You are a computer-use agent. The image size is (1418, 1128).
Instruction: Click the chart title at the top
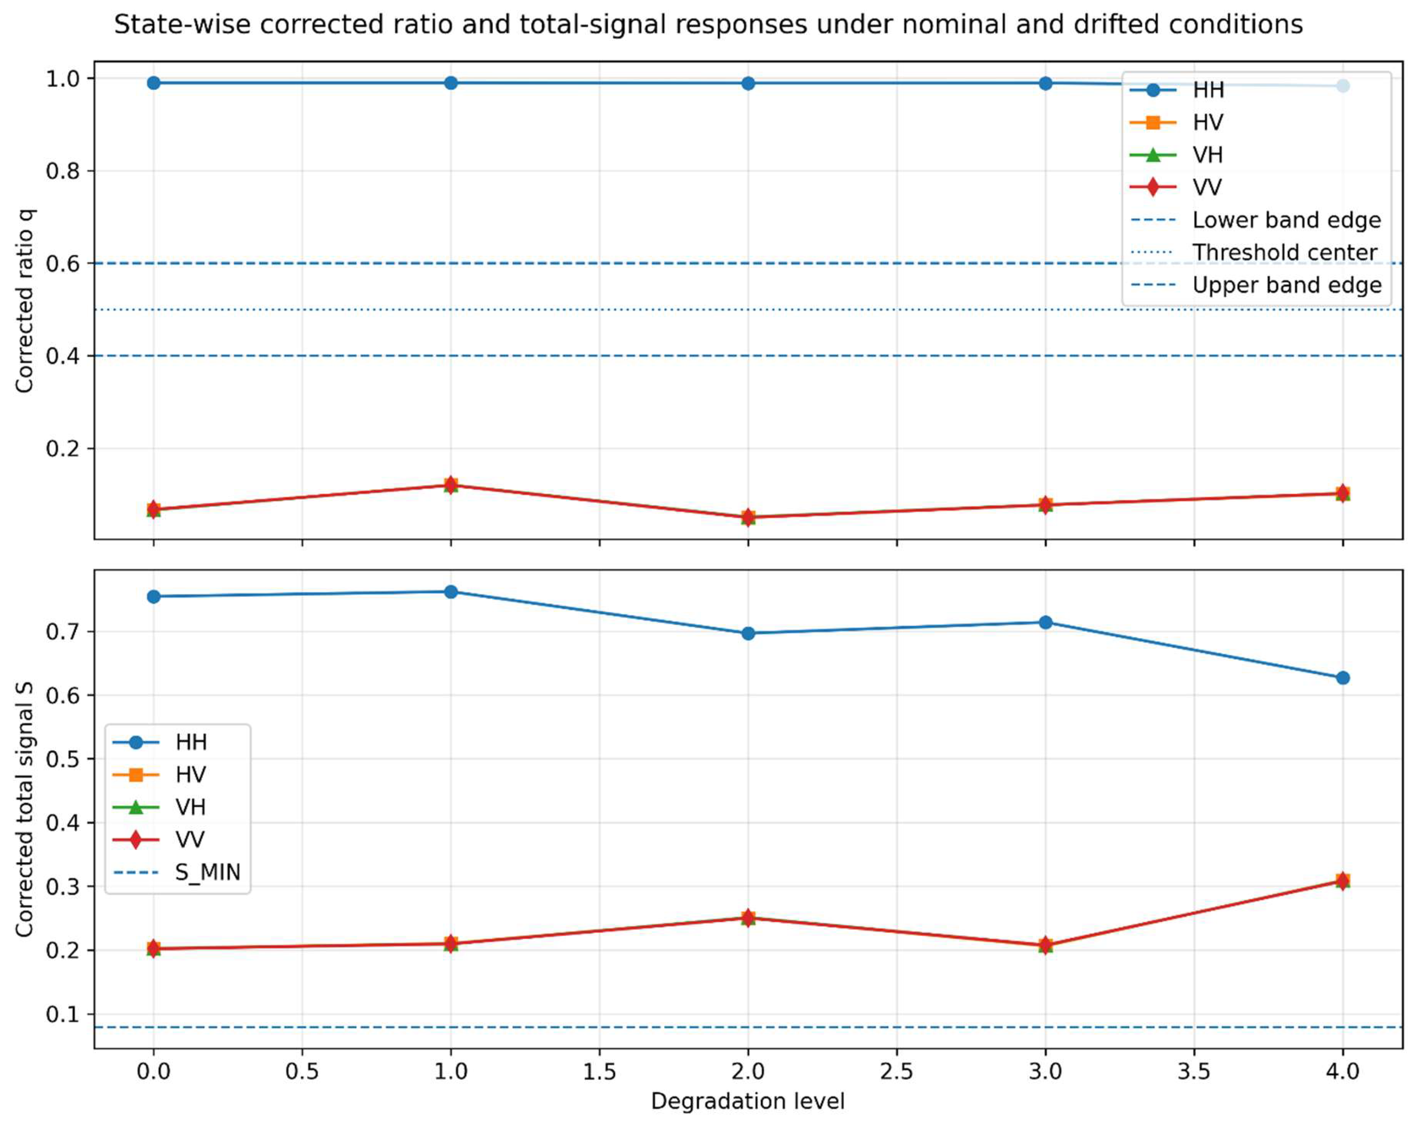pyautogui.click(x=708, y=25)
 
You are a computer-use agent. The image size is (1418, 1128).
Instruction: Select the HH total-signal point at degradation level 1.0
pyautogui.click(x=450, y=592)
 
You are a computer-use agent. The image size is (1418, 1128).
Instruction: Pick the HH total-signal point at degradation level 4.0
pyautogui.click(x=1342, y=678)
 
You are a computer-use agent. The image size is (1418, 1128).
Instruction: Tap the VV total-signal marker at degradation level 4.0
pyautogui.click(x=1342, y=880)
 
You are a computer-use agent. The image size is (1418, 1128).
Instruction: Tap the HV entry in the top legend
pyautogui.click(x=1208, y=123)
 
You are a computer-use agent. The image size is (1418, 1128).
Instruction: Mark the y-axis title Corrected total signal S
pyautogui.click(x=25, y=809)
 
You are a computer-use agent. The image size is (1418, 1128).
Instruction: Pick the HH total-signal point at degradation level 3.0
pyautogui.click(x=1045, y=622)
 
